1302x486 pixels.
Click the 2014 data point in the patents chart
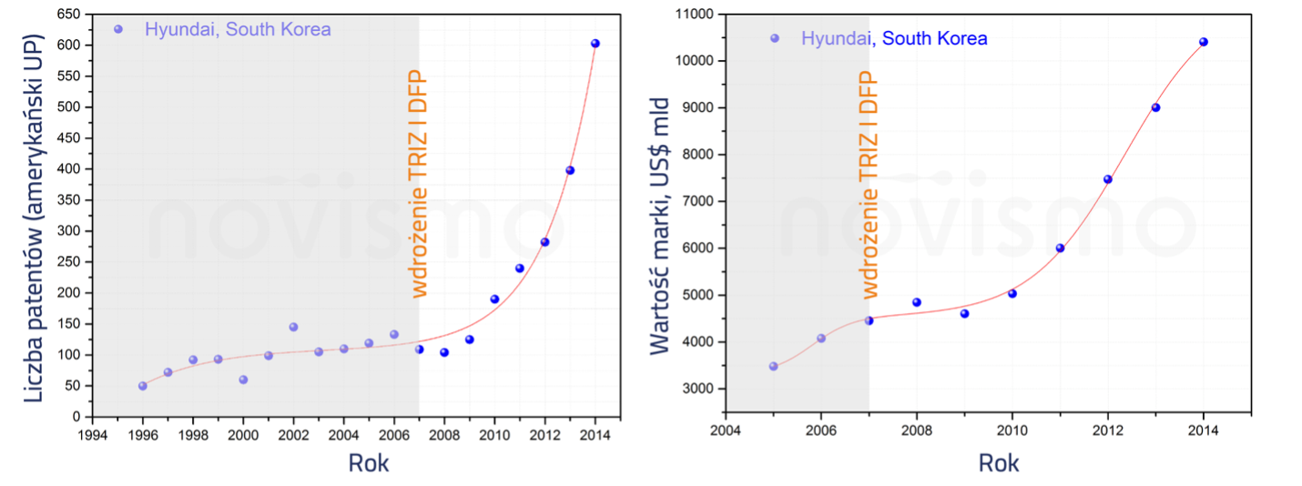point(595,44)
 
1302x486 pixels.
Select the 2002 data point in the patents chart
point(293,327)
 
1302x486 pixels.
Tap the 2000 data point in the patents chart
point(243,380)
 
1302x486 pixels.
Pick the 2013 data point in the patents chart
point(570,170)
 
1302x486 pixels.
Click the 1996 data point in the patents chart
point(143,386)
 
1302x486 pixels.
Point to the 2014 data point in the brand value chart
point(1203,42)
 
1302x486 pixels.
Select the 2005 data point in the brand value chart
point(773,367)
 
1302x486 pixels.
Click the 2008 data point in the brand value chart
point(917,302)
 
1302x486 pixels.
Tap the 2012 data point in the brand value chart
point(1108,179)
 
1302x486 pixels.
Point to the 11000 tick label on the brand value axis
point(693,15)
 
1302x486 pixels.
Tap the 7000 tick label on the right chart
point(697,201)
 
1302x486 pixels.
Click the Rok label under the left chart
point(369,462)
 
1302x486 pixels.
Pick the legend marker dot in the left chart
point(117,29)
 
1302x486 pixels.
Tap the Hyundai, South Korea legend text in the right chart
point(894,38)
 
